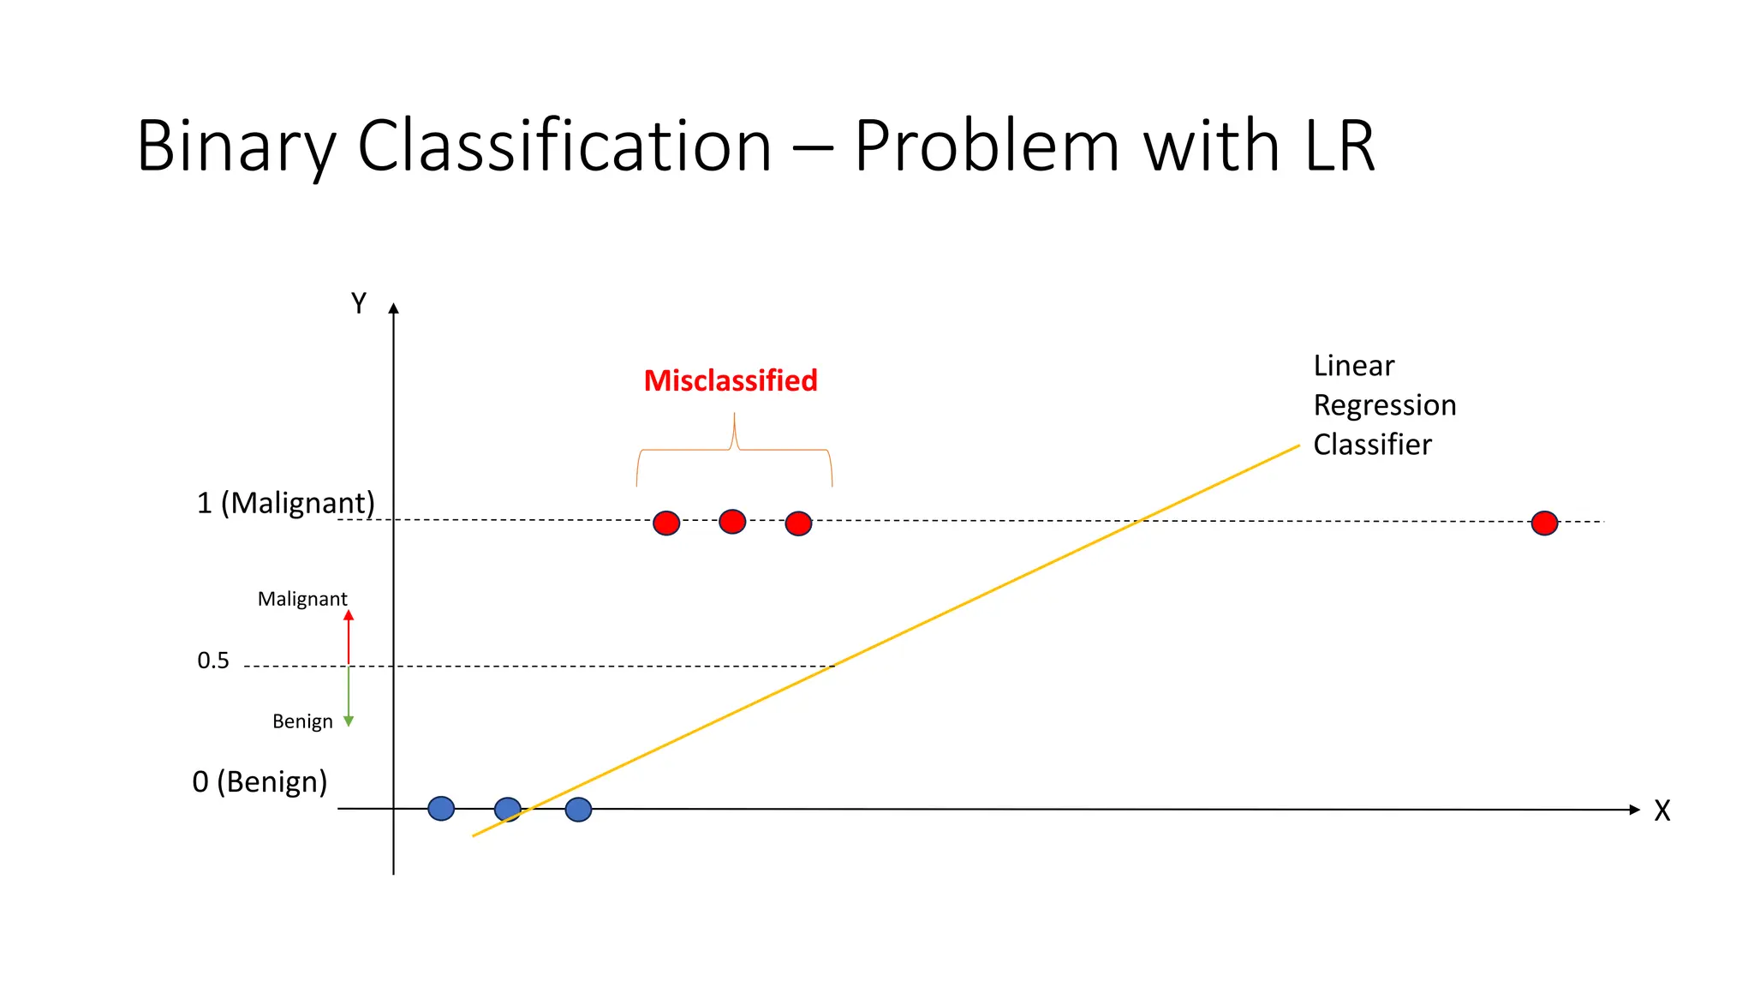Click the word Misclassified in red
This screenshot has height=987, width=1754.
coord(731,380)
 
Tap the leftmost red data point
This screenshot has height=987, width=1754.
coord(666,523)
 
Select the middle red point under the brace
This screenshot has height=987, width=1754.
coord(732,521)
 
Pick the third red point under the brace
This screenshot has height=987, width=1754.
coord(798,523)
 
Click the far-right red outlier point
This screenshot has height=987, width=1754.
coord(1544,523)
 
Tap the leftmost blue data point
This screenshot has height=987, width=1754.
coord(441,808)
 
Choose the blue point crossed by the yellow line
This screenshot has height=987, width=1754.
coord(508,809)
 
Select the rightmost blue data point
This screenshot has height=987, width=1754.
coord(578,810)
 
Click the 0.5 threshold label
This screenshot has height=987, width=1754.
coord(213,661)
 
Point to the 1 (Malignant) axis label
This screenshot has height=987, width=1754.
coord(286,503)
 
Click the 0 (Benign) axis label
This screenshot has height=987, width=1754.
coord(260,781)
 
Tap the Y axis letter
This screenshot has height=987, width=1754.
coord(359,303)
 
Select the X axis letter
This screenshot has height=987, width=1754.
coord(1662,811)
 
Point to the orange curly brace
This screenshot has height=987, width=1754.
coord(734,450)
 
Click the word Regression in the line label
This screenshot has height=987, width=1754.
coord(1384,405)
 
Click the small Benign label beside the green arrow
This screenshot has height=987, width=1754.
coord(302,721)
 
